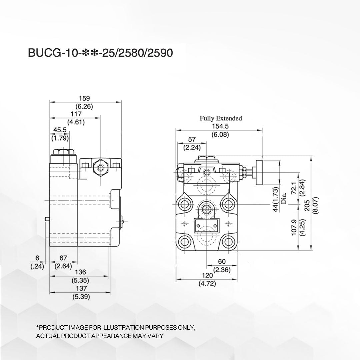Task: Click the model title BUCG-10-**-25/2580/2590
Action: click(100, 53)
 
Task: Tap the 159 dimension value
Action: click(84, 98)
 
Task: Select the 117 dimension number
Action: click(76, 114)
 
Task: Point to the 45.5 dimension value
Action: click(60, 130)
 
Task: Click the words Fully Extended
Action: click(221, 118)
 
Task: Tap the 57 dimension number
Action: click(192, 139)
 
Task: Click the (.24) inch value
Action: click(37, 266)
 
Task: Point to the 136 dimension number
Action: click(81, 273)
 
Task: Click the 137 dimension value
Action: click(81, 288)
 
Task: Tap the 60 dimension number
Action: click(222, 262)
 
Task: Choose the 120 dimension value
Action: click(207, 276)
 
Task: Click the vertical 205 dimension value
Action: click(307, 208)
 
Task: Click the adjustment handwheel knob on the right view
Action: click(259, 171)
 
